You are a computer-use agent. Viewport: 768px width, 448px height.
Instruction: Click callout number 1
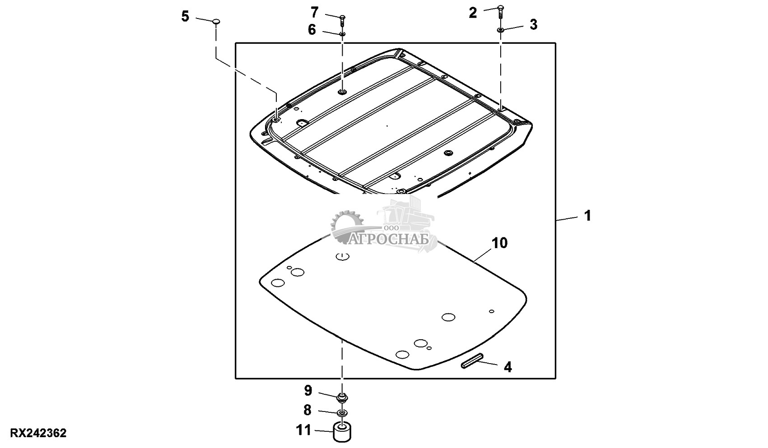(x=588, y=216)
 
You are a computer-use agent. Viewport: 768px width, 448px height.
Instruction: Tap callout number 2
(x=473, y=13)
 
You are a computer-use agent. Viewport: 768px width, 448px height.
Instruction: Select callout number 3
(x=534, y=25)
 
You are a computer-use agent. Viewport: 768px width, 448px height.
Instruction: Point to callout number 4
(x=508, y=367)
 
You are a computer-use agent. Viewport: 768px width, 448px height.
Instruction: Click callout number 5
(x=185, y=16)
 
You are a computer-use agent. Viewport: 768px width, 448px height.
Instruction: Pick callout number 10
(x=499, y=243)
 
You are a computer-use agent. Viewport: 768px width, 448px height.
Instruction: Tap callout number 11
(x=304, y=430)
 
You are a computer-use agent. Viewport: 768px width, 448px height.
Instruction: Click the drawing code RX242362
(x=38, y=433)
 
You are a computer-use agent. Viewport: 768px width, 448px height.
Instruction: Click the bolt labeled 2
(x=500, y=12)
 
